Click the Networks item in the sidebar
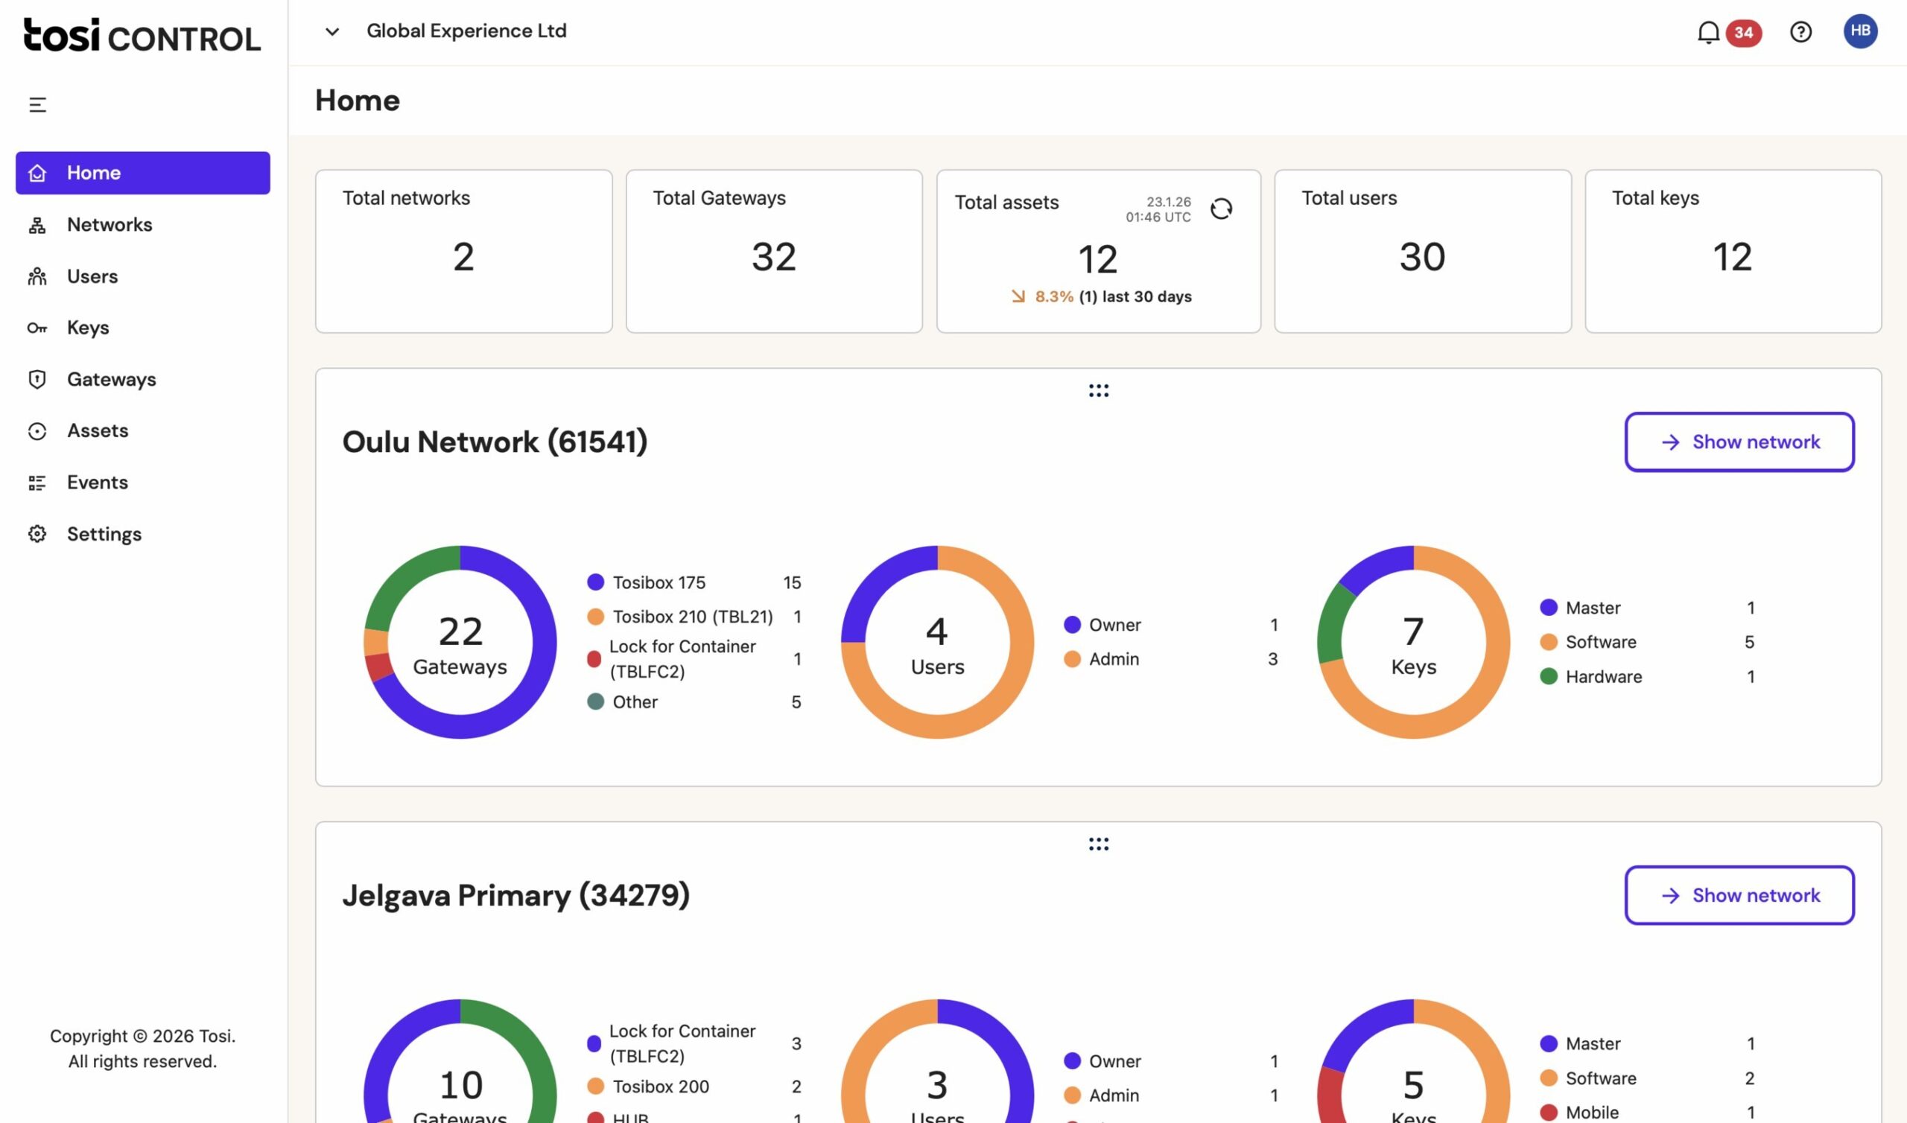109,225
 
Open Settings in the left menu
104,534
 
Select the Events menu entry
97,483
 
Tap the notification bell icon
1708,33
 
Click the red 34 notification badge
1744,33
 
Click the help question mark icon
1800,32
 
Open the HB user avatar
1860,31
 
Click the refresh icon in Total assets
1222,209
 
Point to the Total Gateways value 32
773,256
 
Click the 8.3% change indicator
1053,296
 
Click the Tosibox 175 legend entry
659,582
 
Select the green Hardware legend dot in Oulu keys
1548,676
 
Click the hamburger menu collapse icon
37,105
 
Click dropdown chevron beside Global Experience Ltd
331,32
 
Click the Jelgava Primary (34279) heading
515,895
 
